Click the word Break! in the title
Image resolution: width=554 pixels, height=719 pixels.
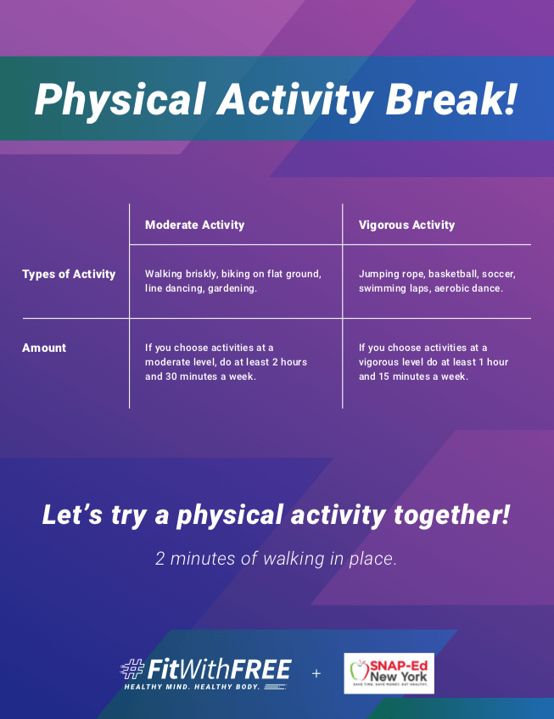click(451, 99)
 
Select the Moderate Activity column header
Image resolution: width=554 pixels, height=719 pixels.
click(194, 225)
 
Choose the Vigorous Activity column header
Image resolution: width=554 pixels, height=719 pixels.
click(406, 225)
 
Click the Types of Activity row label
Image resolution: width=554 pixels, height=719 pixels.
click(69, 274)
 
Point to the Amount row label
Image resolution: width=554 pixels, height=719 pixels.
click(44, 348)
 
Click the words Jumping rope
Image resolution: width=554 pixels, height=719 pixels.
click(392, 274)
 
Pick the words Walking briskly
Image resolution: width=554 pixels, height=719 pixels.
click(181, 274)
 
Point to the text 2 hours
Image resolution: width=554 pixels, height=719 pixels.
click(289, 362)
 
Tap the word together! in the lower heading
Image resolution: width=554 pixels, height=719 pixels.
click(451, 515)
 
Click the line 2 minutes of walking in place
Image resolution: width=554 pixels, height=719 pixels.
click(276, 559)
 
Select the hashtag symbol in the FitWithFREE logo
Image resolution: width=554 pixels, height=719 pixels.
click(132, 669)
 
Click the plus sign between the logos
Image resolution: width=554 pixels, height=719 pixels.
click(316, 673)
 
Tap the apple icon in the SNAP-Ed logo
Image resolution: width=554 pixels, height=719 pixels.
click(359, 671)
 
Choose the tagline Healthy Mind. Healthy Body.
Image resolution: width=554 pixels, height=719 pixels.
click(192, 687)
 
